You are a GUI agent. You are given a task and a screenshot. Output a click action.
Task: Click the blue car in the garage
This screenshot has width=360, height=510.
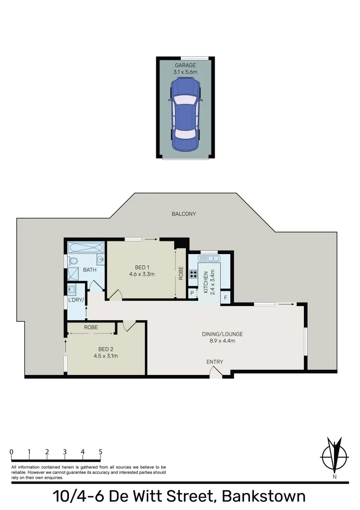point(185,114)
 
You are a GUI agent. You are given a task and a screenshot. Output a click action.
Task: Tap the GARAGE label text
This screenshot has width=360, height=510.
point(185,65)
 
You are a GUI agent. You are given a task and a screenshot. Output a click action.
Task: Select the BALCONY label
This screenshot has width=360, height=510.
point(184,214)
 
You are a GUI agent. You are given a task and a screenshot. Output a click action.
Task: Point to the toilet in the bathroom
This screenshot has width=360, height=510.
point(74,261)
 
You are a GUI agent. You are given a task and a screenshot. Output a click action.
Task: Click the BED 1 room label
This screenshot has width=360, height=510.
point(142,267)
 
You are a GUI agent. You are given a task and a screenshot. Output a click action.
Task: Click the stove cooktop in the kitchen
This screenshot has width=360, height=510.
point(193,275)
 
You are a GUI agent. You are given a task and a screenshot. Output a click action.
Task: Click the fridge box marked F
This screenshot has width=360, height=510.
point(226,298)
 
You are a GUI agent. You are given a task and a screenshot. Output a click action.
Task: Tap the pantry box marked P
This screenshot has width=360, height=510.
point(193,293)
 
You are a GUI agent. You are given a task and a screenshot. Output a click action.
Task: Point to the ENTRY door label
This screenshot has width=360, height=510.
point(215,362)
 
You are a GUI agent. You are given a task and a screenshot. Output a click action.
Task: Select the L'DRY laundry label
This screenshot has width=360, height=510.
point(75,300)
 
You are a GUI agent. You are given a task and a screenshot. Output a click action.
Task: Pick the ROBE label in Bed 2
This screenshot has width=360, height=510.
point(91,327)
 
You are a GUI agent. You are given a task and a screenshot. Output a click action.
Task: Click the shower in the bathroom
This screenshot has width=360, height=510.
point(74,274)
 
